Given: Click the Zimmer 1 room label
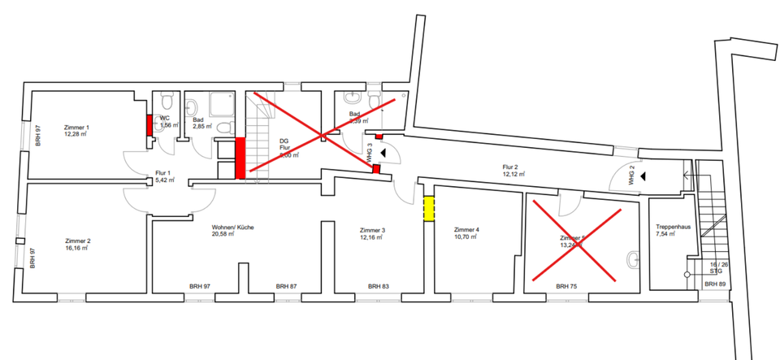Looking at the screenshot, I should (76, 128).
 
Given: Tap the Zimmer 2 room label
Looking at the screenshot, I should (77, 241).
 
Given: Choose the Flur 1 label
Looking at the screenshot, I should (162, 173).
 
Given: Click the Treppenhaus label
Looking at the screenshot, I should (673, 228).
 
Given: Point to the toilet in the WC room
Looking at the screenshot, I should (166, 102).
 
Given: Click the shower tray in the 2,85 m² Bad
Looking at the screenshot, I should (221, 105).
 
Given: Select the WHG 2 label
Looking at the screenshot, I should (631, 176).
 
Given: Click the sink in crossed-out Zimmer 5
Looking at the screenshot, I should (633, 261).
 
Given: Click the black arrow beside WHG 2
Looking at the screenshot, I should (643, 175).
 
